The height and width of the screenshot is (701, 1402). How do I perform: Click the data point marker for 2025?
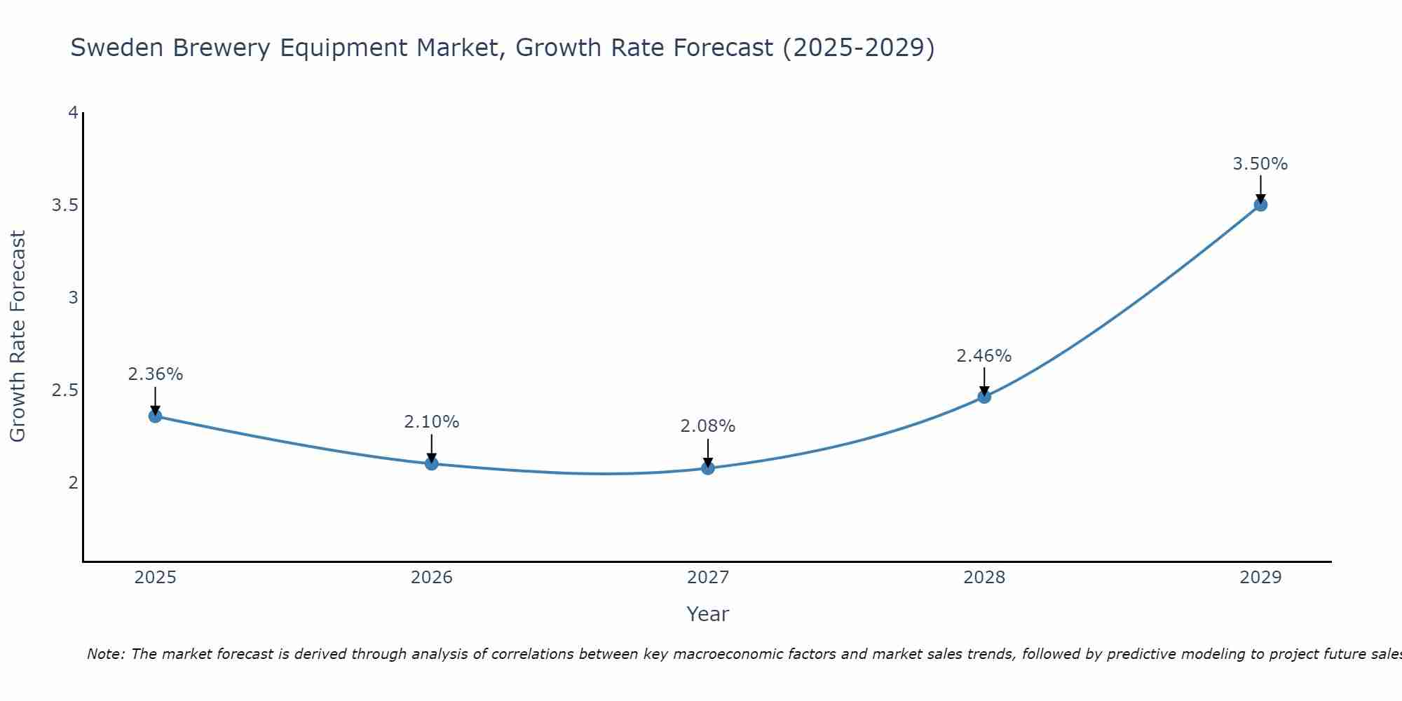coord(155,416)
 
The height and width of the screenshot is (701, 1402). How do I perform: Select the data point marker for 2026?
coord(432,463)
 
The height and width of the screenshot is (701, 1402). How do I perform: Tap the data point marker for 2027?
coord(708,468)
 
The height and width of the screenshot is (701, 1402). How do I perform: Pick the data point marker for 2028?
coord(984,397)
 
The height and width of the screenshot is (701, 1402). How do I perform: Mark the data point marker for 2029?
coord(1260,205)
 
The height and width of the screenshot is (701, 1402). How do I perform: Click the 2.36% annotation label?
coord(155,374)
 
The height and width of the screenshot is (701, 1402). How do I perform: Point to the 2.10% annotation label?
coord(432,422)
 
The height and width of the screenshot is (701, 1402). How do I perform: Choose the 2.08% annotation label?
coord(708,426)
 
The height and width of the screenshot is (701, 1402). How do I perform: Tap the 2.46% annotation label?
coord(984,356)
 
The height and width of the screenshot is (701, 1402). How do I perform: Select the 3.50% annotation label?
coord(1260,164)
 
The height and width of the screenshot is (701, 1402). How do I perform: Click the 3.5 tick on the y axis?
coord(64,205)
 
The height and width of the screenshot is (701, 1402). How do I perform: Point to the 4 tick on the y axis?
coord(72,113)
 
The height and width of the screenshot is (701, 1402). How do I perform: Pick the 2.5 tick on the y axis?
coord(64,390)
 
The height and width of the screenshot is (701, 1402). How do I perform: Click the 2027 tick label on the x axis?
coord(708,578)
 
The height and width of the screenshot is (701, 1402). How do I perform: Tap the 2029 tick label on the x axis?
coord(1260,578)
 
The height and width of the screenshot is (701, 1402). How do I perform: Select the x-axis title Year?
coord(708,614)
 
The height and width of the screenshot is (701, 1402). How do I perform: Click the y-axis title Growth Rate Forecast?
coord(18,336)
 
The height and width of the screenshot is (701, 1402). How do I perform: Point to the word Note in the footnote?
coord(105,654)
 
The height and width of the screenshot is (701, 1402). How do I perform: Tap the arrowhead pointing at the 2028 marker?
coord(984,391)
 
